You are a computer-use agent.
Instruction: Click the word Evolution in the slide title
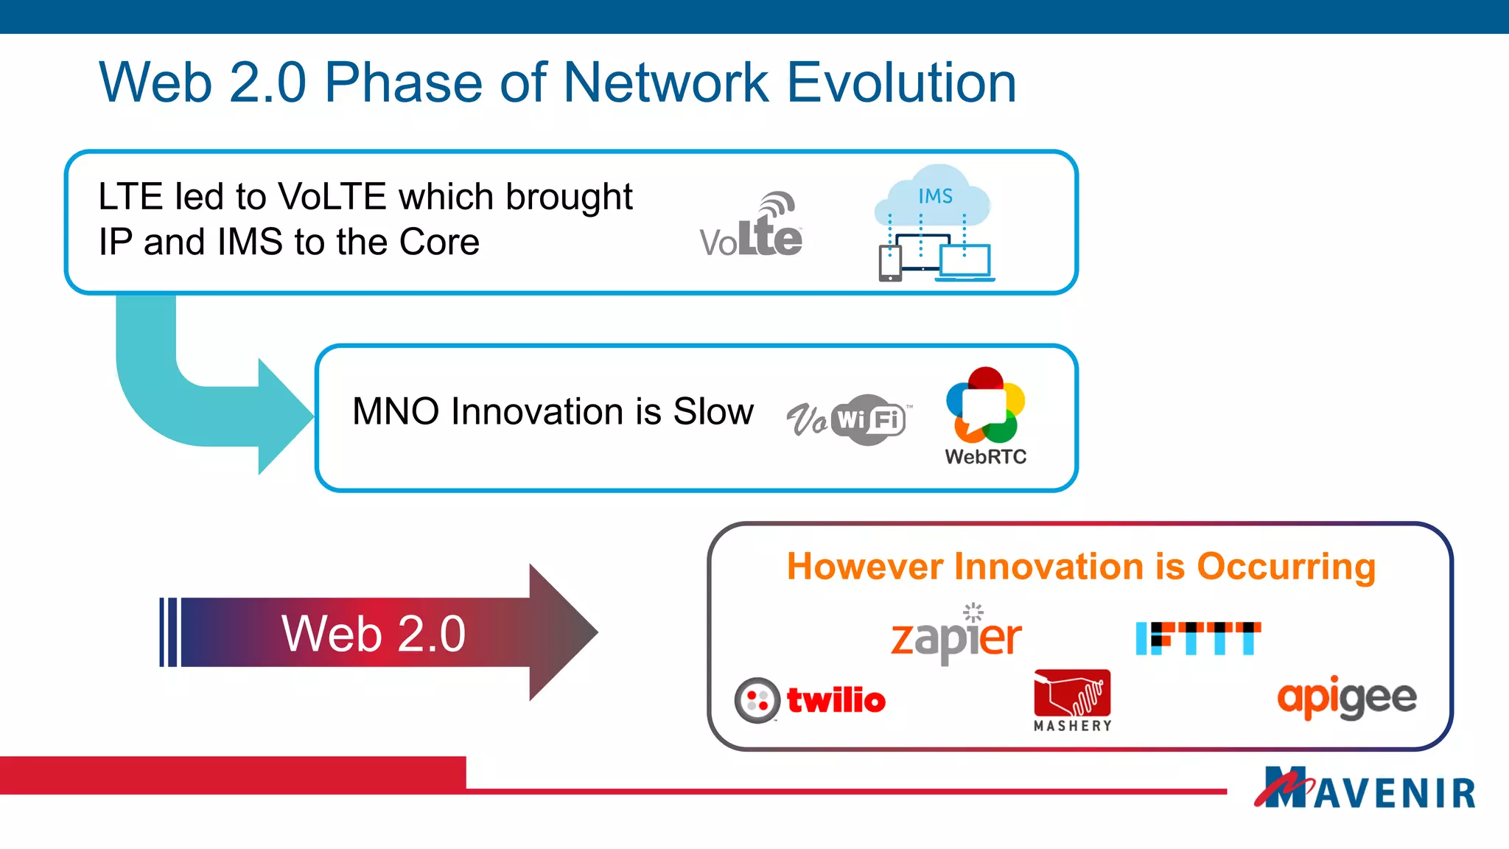(x=901, y=83)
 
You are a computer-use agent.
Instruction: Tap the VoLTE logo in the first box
(x=752, y=228)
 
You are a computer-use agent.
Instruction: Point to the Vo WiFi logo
(x=847, y=420)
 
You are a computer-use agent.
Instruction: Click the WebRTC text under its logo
(x=986, y=457)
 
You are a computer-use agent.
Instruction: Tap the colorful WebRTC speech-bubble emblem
(x=986, y=405)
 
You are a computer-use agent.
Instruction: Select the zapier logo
(x=956, y=635)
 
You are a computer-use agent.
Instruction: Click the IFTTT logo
(x=1198, y=638)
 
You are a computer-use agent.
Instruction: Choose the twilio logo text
(x=836, y=700)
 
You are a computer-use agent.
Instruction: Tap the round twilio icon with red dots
(x=757, y=700)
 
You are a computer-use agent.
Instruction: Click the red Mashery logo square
(x=1072, y=693)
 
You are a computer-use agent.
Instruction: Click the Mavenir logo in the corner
(x=1365, y=789)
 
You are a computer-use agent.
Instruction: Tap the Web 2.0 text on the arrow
(x=374, y=633)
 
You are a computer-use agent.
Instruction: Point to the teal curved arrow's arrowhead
(x=287, y=416)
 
